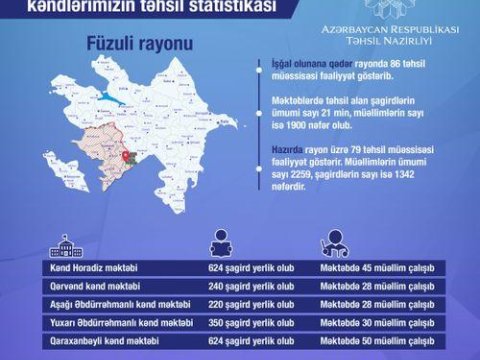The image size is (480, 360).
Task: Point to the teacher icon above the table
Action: pyautogui.click(x=331, y=246)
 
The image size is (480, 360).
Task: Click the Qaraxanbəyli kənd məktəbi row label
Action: pyautogui.click(x=95, y=340)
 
